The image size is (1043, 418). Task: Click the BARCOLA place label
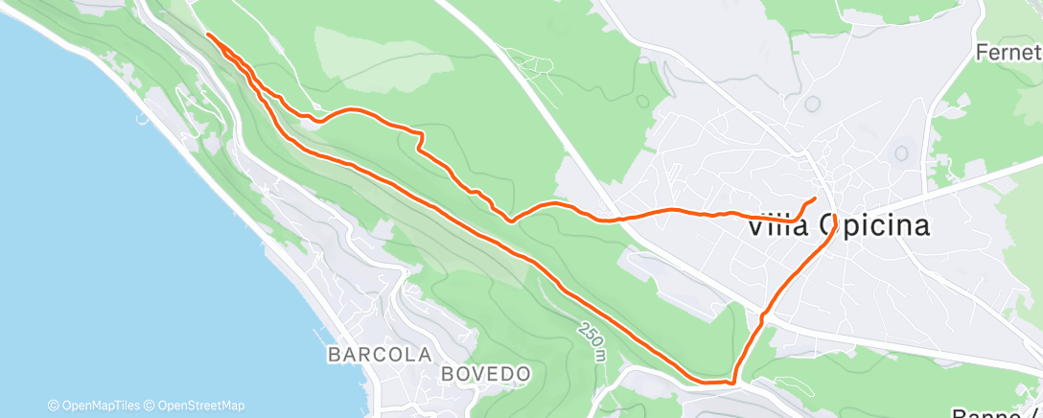379,354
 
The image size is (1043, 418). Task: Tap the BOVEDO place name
487,372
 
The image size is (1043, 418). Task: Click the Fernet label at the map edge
1008,52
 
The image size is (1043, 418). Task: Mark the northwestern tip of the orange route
208,34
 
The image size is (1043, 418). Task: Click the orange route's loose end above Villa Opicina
815,198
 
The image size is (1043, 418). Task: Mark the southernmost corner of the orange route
732,383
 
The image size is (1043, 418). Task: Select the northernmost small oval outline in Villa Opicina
813,104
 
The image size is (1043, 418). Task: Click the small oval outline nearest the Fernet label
900,152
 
